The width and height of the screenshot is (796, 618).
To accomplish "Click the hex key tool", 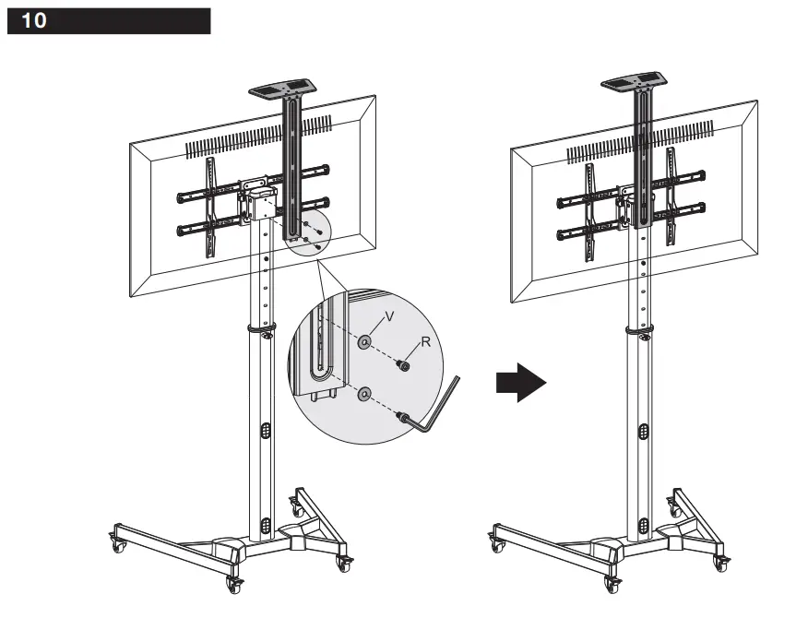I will (438, 411).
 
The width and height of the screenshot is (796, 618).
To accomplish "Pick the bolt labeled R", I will (402, 365).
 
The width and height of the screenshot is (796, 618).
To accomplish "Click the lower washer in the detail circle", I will (365, 394).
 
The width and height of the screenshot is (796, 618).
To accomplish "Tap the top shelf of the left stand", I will (284, 90).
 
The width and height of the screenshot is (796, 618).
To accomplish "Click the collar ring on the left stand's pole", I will (261, 328).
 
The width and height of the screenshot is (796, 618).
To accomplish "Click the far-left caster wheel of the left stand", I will (119, 544).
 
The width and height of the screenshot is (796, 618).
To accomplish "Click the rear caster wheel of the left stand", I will (298, 505).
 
